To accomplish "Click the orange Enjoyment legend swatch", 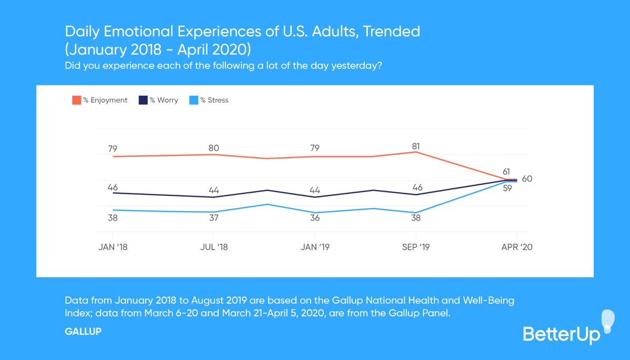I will [x=77, y=100].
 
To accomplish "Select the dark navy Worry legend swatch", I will [x=143, y=100].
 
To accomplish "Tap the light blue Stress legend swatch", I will [x=194, y=100].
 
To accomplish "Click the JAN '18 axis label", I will [x=113, y=247].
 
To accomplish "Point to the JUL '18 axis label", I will [x=214, y=247].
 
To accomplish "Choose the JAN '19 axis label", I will [x=315, y=247].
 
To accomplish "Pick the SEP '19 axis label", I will [x=416, y=247].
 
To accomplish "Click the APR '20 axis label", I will [x=517, y=247].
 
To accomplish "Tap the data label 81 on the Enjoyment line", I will [x=416, y=146].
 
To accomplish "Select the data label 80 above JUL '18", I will [x=214, y=148].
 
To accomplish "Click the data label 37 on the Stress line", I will [x=214, y=218].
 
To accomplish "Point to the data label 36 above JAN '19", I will [x=315, y=218].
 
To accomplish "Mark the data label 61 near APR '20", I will [x=506, y=172].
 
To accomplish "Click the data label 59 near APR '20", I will [x=507, y=188].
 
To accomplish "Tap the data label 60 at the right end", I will [x=527, y=179].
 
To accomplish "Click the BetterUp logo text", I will [x=561, y=334].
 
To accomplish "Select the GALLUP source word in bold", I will [x=83, y=332].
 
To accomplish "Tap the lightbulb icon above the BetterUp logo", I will [x=608, y=319].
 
